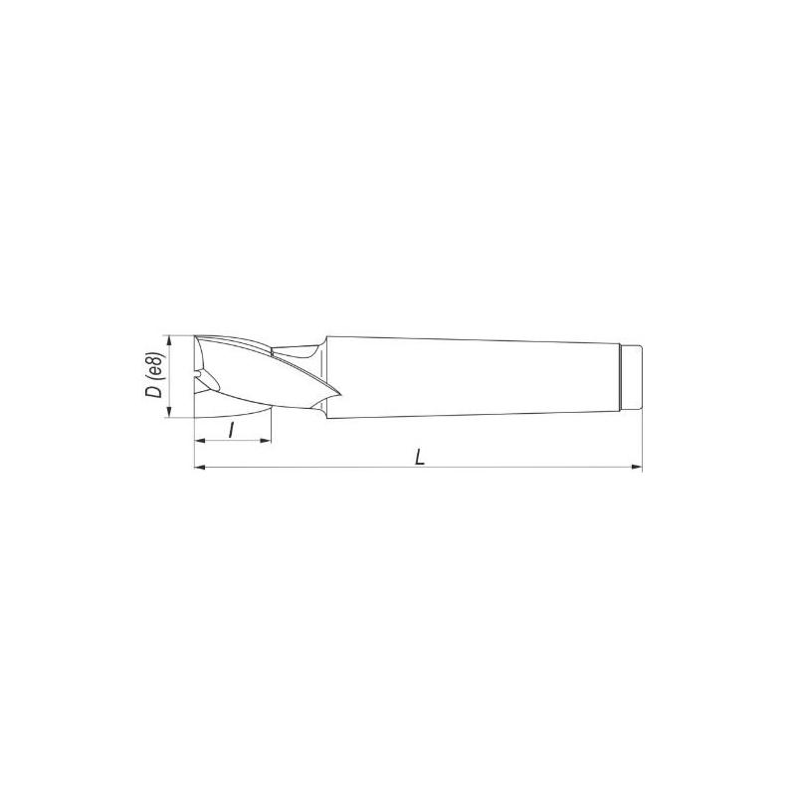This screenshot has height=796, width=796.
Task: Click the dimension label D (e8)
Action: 155,375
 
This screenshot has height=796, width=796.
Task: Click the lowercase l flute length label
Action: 232,431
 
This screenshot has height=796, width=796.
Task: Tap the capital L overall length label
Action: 419,458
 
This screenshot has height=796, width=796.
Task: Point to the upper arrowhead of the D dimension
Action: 170,341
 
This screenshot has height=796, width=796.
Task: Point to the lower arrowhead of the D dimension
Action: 170,412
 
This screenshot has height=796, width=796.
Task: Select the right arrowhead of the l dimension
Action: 266,441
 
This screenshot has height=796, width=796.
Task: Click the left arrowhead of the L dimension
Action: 201,467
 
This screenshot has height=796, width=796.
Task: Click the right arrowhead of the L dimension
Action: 637,467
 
